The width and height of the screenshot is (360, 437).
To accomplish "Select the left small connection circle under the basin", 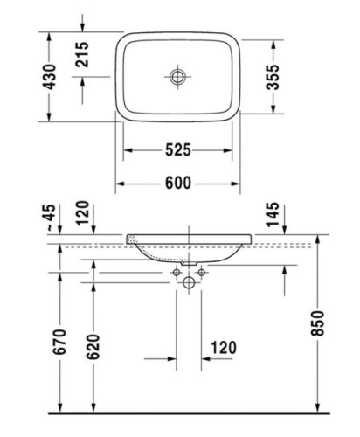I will coord(177,274).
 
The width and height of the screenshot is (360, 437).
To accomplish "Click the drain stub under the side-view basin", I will coord(190,262).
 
